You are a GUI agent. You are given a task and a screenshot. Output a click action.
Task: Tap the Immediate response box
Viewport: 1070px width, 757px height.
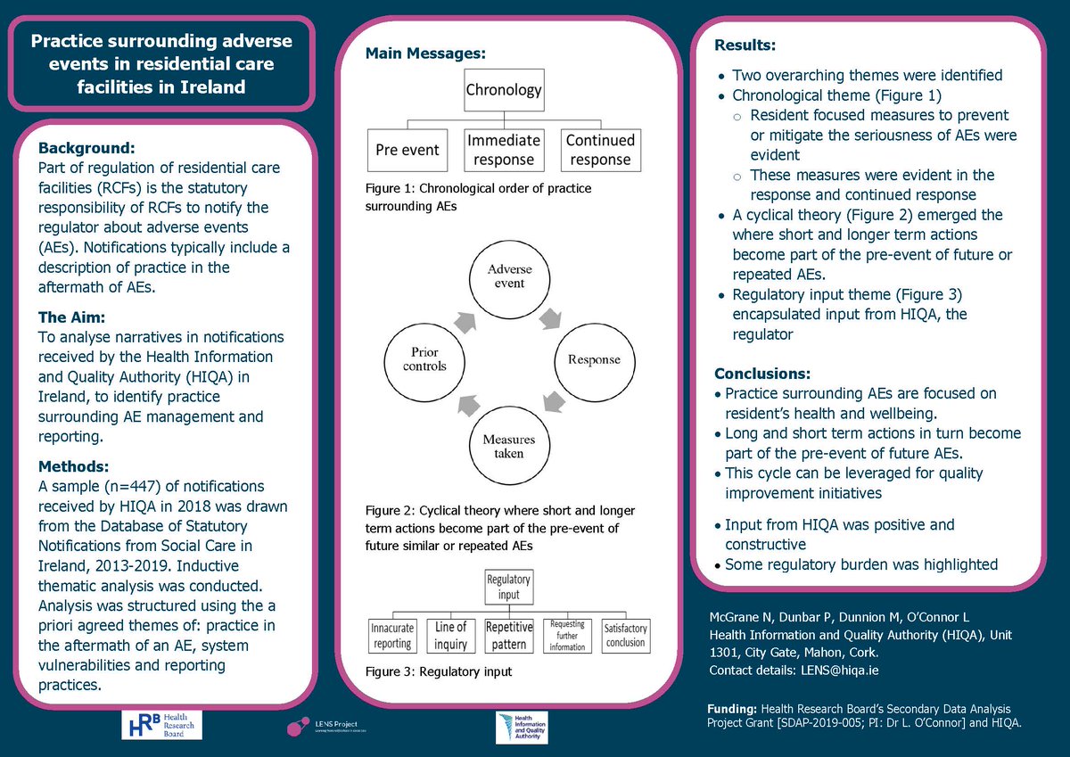503,150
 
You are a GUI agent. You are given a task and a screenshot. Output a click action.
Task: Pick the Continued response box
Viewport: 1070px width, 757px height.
600,150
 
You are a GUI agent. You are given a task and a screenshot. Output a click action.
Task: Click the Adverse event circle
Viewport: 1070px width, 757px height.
505,276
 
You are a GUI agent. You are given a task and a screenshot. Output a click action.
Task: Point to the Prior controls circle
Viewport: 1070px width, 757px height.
417,358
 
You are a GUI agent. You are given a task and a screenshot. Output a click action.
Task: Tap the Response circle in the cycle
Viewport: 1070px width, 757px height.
593,359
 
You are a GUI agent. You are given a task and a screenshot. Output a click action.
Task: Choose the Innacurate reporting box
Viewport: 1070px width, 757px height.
392,636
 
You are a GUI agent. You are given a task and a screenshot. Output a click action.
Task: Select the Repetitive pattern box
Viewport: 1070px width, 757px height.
509,636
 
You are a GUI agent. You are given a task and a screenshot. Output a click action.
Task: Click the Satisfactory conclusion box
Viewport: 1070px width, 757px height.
625,636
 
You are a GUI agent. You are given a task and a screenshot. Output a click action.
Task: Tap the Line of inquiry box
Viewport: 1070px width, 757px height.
451,636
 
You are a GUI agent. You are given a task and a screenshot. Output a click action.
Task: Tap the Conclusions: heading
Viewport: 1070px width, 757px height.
763,373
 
